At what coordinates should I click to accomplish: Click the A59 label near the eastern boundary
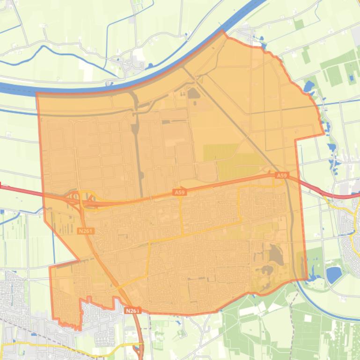click(281, 175)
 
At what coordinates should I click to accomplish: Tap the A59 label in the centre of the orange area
click(180, 192)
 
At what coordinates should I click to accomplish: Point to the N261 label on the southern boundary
click(132, 310)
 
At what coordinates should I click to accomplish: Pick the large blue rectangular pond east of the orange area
click(333, 274)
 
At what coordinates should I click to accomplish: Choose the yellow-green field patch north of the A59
click(220, 152)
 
